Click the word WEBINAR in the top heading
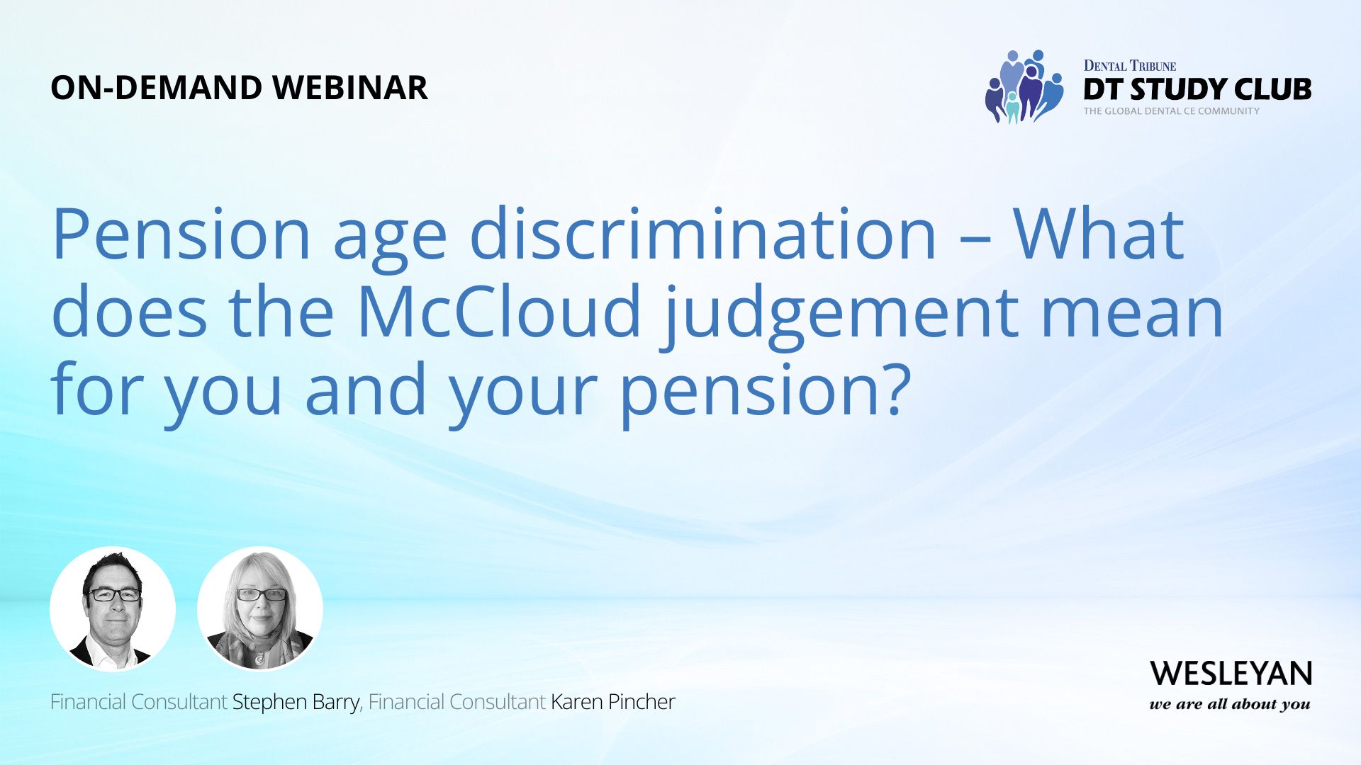[x=350, y=88]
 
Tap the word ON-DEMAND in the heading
[x=157, y=88]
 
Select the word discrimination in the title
[x=702, y=234]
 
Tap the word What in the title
[x=1098, y=234]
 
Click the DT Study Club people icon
[x=1024, y=87]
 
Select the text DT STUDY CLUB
[x=1197, y=89]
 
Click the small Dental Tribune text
[x=1129, y=66]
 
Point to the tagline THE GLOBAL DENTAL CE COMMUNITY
[x=1171, y=111]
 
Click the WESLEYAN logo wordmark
[x=1231, y=674]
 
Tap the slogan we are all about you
[x=1230, y=704]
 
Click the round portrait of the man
[x=113, y=608]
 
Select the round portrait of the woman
[x=260, y=608]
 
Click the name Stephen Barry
[x=296, y=702]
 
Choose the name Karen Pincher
[x=612, y=702]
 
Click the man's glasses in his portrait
[x=114, y=595]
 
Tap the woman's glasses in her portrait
[x=261, y=595]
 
